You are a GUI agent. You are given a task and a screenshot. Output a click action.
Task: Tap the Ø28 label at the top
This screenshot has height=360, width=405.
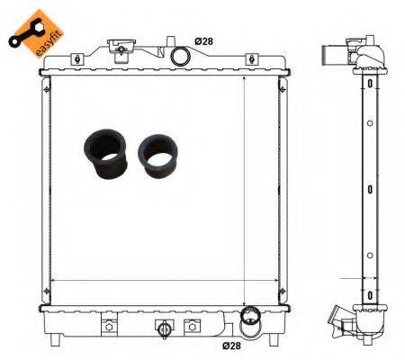click(205, 41)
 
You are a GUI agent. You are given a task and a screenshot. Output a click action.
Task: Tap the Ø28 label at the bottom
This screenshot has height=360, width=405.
click(234, 344)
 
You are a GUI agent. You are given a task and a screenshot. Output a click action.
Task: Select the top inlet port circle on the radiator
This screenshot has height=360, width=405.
click(181, 56)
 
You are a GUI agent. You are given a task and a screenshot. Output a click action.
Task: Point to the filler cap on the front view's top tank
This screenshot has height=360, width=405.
click(119, 47)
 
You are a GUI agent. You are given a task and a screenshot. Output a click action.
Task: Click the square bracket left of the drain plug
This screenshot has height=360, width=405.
click(110, 325)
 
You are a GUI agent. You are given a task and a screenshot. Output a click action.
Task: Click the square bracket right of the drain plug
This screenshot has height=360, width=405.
click(191, 325)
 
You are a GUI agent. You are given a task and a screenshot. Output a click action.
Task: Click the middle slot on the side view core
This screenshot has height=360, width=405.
click(370, 188)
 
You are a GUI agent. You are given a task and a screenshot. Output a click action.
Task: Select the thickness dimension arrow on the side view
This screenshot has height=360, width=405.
click(370, 292)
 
